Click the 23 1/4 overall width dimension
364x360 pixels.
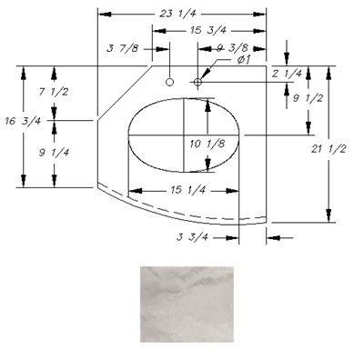point(178,14)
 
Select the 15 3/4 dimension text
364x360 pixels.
point(208,31)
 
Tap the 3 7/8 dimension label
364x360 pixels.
point(123,48)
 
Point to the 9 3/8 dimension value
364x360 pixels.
point(232,48)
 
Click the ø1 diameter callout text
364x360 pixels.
point(244,60)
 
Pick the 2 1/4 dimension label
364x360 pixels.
point(287,74)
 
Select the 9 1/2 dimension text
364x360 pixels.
point(308,98)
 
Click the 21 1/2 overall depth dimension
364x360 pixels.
point(329,149)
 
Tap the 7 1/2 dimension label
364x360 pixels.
point(54,92)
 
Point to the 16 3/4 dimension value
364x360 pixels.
point(23,122)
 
